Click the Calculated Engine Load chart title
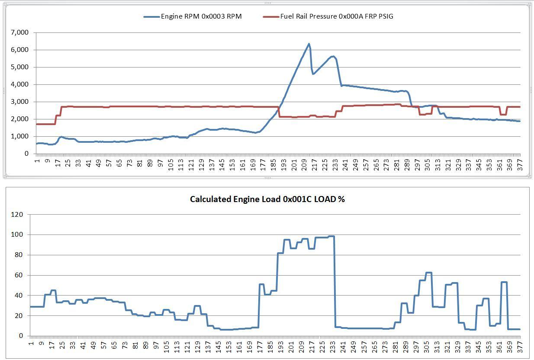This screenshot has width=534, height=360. click(267, 199)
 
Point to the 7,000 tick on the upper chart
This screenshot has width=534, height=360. click(19, 32)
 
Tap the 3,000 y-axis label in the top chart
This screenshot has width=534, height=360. click(19, 102)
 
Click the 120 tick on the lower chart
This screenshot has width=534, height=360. click(17, 215)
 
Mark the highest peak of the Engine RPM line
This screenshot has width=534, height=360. click(309, 44)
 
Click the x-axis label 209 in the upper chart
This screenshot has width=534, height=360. click(304, 165)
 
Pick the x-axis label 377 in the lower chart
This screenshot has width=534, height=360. click(519, 347)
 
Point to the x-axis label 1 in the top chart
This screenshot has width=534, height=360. click(37, 161)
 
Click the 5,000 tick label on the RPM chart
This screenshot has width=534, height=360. click(19, 67)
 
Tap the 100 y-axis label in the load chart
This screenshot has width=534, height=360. click(17, 235)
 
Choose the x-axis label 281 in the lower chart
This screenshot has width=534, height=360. click(395, 347)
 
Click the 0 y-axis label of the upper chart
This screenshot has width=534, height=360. click(26, 154)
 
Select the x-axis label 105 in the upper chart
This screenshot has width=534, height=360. click(170, 165)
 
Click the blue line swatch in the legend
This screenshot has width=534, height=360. click(151, 17)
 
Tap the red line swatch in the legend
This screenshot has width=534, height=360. click(271, 17)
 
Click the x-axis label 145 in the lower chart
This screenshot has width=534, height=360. click(219, 347)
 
